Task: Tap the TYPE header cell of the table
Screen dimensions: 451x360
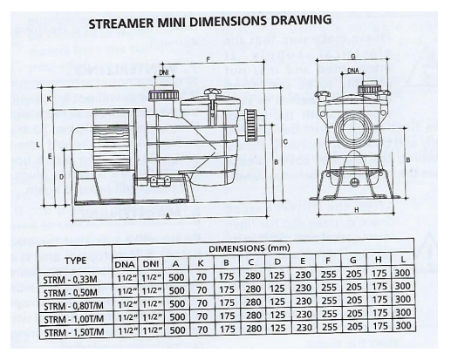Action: [76, 261]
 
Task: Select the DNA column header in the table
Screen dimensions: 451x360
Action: [125, 264]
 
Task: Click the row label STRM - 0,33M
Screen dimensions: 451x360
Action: [70, 279]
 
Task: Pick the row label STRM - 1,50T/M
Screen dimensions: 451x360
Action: [74, 332]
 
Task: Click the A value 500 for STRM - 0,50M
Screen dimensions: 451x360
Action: [177, 290]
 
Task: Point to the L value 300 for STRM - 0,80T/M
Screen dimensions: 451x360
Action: [403, 299]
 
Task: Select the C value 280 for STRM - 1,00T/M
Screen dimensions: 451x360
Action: [253, 316]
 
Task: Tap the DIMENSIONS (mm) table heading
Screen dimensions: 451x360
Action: [249, 248]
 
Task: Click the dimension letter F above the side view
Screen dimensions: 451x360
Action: [208, 60]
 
